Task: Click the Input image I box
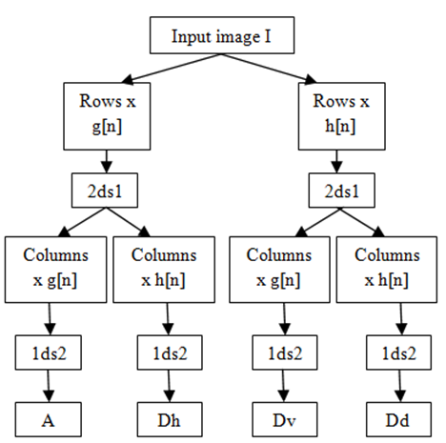point(222,35)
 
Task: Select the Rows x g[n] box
point(107,116)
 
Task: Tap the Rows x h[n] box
point(342,116)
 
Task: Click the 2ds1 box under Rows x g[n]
point(105,191)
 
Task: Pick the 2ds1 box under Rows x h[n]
point(342,191)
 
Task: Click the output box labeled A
point(49,419)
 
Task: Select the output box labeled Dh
point(170,419)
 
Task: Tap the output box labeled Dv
point(285,419)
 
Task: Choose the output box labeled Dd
point(398,419)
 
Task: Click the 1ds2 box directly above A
point(49,352)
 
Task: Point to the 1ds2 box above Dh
point(170,352)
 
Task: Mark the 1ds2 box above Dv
point(285,352)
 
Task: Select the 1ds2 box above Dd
point(398,352)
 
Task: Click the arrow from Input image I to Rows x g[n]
point(172,69)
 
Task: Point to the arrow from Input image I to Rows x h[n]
point(269,69)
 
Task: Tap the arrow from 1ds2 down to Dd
point(400,386)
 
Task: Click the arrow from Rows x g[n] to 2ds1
point(107,161)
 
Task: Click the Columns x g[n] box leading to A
point(55,270)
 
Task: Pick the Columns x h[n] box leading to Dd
point(387,270)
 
